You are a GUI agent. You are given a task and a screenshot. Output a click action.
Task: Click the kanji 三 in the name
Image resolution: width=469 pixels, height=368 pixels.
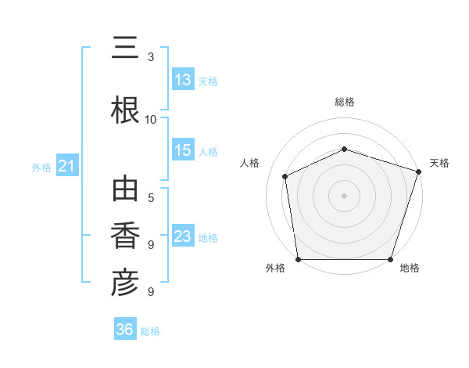125,47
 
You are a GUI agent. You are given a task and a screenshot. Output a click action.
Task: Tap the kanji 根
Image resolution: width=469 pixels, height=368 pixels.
125,110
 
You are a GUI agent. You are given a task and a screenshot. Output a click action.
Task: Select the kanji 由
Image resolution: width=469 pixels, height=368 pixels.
125,188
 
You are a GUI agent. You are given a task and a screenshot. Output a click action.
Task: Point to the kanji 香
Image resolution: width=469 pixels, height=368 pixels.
125,235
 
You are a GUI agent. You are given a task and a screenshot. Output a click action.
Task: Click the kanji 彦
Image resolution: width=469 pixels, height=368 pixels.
125,283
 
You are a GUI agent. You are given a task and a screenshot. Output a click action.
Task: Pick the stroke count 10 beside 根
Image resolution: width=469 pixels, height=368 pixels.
150,120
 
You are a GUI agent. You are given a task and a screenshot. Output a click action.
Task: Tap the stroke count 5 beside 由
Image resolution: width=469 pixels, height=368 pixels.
151,198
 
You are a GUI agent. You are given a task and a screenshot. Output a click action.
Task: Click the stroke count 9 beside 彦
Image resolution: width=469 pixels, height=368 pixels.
151,291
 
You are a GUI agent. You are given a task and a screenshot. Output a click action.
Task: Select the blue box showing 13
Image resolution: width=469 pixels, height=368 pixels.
184,79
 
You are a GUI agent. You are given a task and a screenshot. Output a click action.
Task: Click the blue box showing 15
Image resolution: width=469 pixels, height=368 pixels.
184,150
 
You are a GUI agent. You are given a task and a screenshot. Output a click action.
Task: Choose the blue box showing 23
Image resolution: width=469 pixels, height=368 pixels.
184,235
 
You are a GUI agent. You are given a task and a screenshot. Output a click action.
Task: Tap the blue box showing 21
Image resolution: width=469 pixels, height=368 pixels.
67,165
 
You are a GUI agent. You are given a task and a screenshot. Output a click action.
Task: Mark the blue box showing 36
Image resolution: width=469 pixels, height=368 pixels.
125,328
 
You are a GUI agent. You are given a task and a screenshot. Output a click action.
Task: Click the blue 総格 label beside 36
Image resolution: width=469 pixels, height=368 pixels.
150,331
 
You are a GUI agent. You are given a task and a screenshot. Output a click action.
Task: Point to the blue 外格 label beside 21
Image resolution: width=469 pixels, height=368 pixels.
41,168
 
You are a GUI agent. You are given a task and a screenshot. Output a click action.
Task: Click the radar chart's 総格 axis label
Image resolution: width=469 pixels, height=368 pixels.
345,102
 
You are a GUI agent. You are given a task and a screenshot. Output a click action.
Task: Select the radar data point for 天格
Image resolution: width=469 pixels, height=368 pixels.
419,171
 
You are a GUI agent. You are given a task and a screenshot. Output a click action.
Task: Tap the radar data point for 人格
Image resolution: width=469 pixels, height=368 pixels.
285,176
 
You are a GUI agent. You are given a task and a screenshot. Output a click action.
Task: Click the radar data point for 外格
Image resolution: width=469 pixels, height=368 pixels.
299,259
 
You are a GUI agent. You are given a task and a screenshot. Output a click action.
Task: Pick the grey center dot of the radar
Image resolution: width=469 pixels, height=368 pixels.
344,196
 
